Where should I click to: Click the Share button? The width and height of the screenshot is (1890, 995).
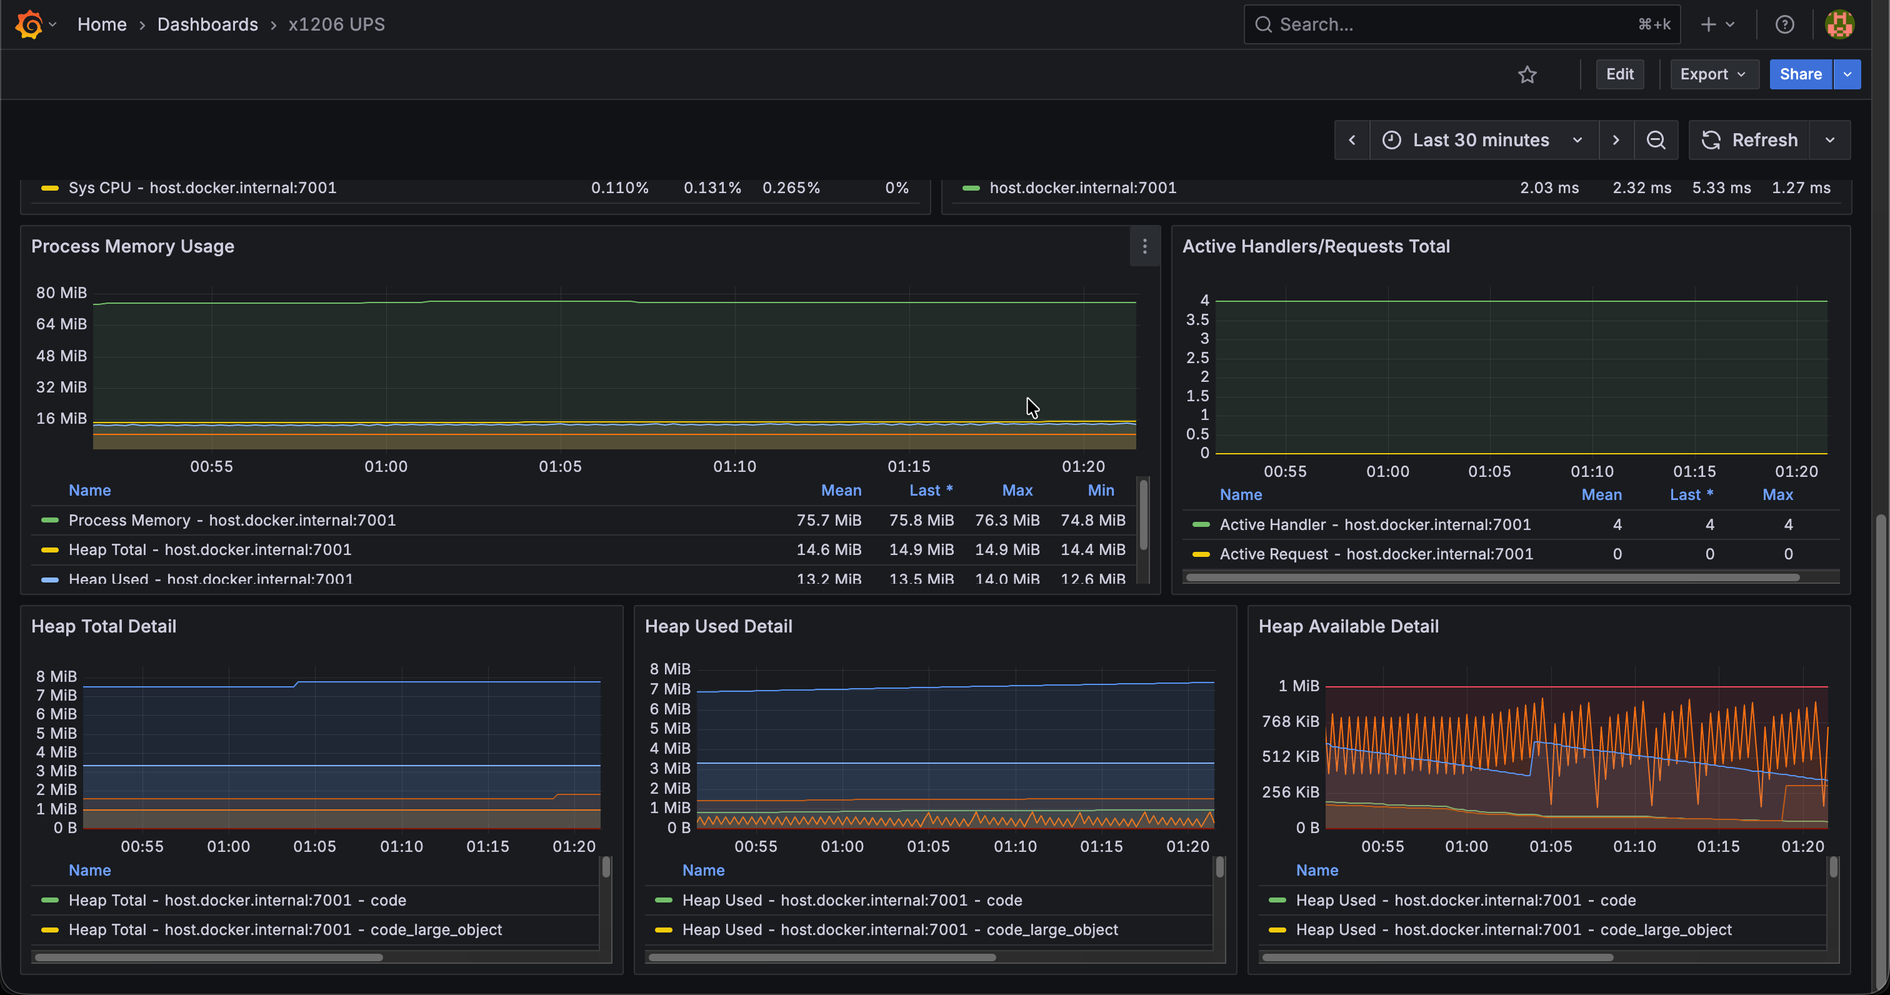(x=1801, y=74)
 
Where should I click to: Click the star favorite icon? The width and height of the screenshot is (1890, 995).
(x=1527, y=74)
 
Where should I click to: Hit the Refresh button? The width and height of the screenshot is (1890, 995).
(x=1750, y=140)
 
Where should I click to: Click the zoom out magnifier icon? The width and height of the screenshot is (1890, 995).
(x=1656, y=140)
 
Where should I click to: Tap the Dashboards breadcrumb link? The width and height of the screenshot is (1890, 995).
(x=207, y=24)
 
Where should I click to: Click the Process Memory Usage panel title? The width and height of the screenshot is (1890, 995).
(x=132, y=246)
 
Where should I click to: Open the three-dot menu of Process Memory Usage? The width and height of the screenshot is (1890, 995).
(x=1144, y=246)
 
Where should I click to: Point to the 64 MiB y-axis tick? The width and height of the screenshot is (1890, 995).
(x=62, y=324)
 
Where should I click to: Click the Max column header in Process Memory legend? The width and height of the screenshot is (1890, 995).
(x=1017, y=490)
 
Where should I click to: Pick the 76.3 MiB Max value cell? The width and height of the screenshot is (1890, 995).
(x=1007, y=520)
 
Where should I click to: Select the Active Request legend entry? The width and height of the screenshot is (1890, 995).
(x=1376, y=554)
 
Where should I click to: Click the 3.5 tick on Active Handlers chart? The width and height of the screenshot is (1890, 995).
(x=1197, y=320)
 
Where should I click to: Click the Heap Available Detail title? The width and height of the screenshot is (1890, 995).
(x=1349, y=627)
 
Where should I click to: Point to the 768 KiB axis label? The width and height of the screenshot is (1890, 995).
(x=1291, y=721)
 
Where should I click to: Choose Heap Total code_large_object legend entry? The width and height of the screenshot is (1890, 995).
(x=286, y=930)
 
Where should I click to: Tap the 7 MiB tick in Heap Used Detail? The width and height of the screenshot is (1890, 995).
(x=670, y=689)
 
